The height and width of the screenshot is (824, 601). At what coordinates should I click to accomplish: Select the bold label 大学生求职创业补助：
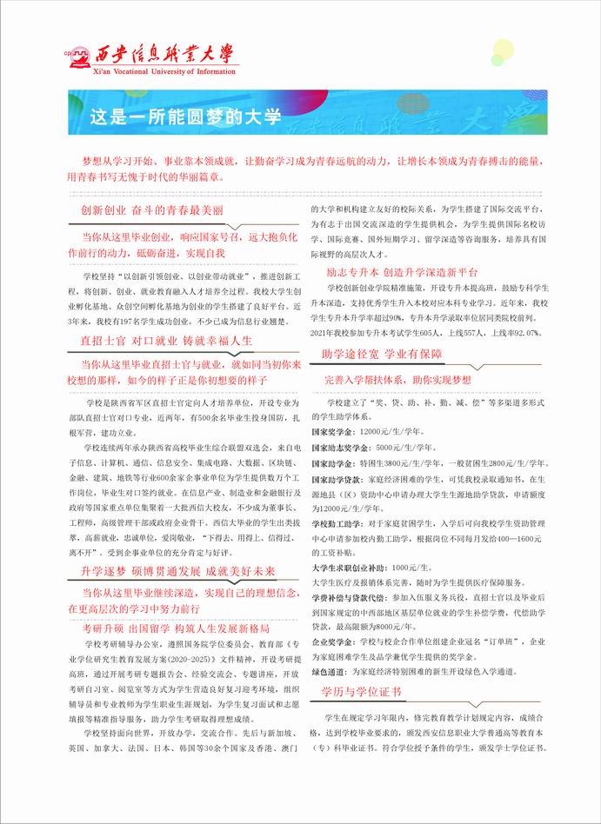point(350,568)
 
